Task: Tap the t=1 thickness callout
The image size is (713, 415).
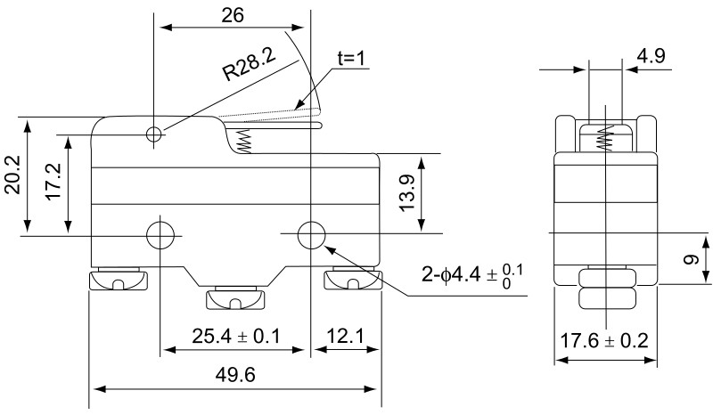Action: pos(352,58)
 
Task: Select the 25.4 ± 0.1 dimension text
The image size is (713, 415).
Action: pos(236,336)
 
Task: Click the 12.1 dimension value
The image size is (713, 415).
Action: pos(345,336)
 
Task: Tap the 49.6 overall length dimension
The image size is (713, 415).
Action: pos(235,376)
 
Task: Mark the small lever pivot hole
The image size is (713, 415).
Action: pos(156,134)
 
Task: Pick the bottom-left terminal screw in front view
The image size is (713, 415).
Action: pos(118,282)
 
